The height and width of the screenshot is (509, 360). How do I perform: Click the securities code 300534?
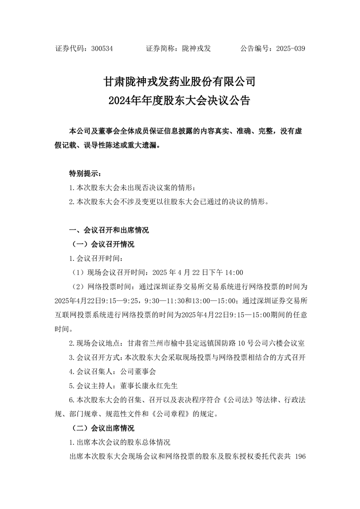coord(102,48)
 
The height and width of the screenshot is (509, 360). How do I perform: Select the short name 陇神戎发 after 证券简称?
coord(196,48)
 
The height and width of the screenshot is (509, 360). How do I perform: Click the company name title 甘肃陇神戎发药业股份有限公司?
coord(180,82)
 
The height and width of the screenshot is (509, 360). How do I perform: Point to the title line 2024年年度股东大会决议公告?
coord(180,100)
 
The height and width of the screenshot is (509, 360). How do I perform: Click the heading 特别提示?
coord(83,173)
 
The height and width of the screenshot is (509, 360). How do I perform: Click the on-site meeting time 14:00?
coord(234,273)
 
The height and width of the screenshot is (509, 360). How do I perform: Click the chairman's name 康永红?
coord(156,386)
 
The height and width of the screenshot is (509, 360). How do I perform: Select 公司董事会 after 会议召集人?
coord(138,372)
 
